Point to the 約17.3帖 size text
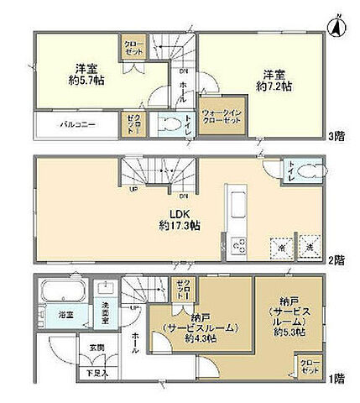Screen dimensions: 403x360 click(172, 227)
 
